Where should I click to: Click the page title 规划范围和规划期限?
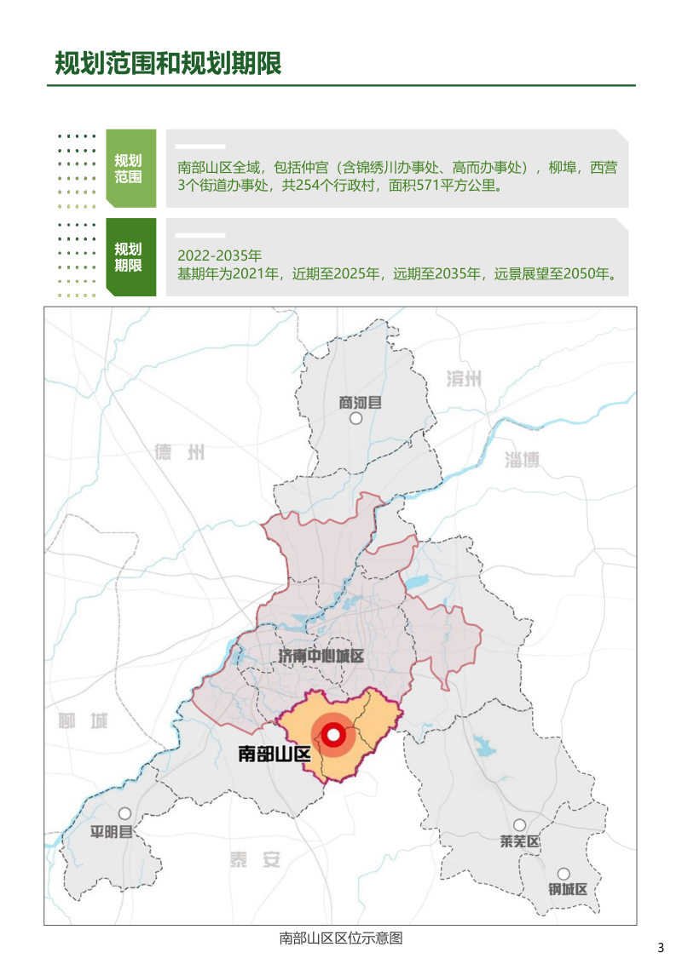[168, 63]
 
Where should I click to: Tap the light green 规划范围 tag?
[130, 169]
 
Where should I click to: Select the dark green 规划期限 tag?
[130, 257]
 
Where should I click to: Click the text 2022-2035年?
[220, 255]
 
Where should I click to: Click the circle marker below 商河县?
[356, 418]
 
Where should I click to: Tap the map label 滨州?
[464, 380]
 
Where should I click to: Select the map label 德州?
[180, 452]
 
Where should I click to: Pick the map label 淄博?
[523, 460]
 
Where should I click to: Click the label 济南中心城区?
[321, 656]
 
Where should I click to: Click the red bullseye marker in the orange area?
[333, 735]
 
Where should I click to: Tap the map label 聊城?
[84, 722]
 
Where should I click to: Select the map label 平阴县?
[113, 832]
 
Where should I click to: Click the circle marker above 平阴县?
[125, 813]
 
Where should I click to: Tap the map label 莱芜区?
[520, 842]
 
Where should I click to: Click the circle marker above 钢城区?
[564, 874]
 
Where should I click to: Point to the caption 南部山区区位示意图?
[340, 938]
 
